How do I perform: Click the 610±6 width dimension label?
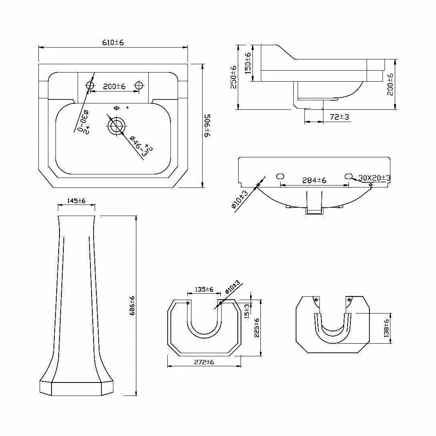tap(113, 42)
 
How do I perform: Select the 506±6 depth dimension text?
tap(207, 126)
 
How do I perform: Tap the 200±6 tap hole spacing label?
tap(114, 86)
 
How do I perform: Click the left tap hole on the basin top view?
tap(90, 85)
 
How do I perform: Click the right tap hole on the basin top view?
tap(139, 85)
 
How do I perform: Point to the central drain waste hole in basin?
tap(116, 126)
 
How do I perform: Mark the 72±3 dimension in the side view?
tap(339, 117)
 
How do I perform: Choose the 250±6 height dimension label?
tap(233, 77)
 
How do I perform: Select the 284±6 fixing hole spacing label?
tap(314, 180)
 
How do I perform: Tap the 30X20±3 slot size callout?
tap(374, 178)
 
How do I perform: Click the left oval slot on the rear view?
tap(280, 176)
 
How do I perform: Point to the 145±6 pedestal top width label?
tap(76, 201)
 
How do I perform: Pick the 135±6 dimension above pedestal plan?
tap(204, 289)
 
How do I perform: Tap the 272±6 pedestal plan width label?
tap(204, 362)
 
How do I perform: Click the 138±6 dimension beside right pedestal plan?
tap(387, 328)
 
